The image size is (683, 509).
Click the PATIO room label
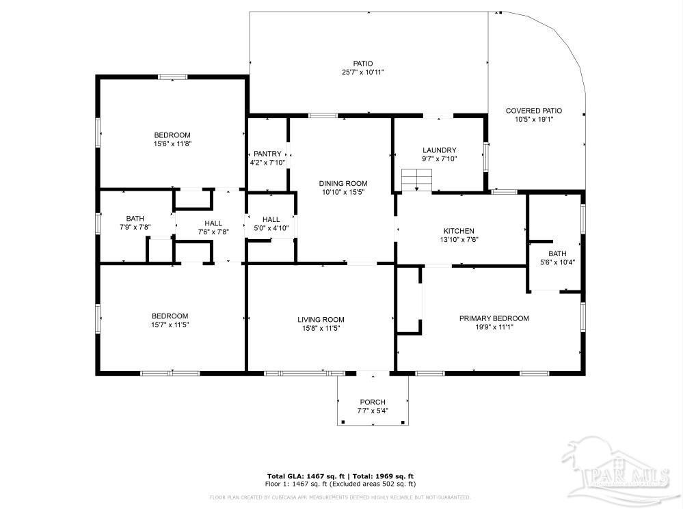click(362, 64)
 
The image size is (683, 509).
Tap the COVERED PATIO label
click(533, 110)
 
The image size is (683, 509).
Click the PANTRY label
click(267, 154)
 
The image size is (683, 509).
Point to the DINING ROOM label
click(343, 183)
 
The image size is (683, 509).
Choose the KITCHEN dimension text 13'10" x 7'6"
click(458, 240)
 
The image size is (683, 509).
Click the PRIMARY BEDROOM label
click(494, 318)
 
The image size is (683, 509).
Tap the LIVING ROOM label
click(320, 319)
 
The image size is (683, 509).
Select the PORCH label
click(373, 402)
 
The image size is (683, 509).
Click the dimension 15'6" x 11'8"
click(172, 144)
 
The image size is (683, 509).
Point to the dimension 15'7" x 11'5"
click(170, 325)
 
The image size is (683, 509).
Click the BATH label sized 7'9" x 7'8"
click(135, 218)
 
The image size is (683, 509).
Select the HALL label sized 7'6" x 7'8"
click(213, 223)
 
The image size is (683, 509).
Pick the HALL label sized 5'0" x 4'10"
click(271, 219)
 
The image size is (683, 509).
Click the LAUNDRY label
click(439, 150)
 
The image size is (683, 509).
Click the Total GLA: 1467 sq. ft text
click(306, 476)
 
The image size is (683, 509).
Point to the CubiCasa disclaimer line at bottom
click(340, 497)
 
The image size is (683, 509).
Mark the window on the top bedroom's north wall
click(173, 77)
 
